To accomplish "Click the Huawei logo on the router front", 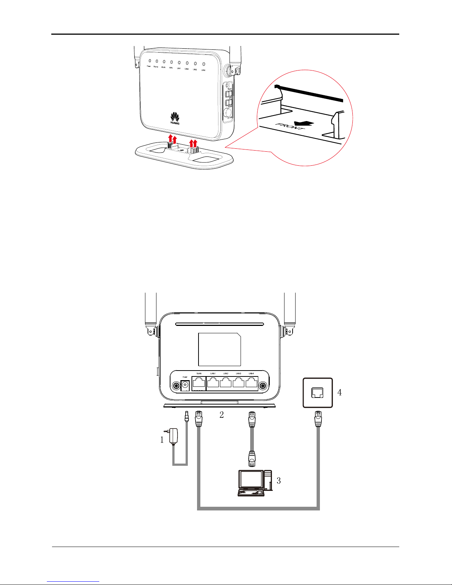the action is coord(175,117).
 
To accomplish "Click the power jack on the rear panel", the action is coord(186,385).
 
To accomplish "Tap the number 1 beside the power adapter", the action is coord(162,440).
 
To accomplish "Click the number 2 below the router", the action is coord(221,414).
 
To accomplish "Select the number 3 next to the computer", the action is coord(279,480).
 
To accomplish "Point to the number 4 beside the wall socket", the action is coord(339,392).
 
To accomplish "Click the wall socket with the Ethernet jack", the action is coord(318,393).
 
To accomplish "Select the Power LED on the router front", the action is coord(149,61).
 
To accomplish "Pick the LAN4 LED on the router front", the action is coord(203,64).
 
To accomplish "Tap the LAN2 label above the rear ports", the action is coord(226,374).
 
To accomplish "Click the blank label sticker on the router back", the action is coord(220,349).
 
